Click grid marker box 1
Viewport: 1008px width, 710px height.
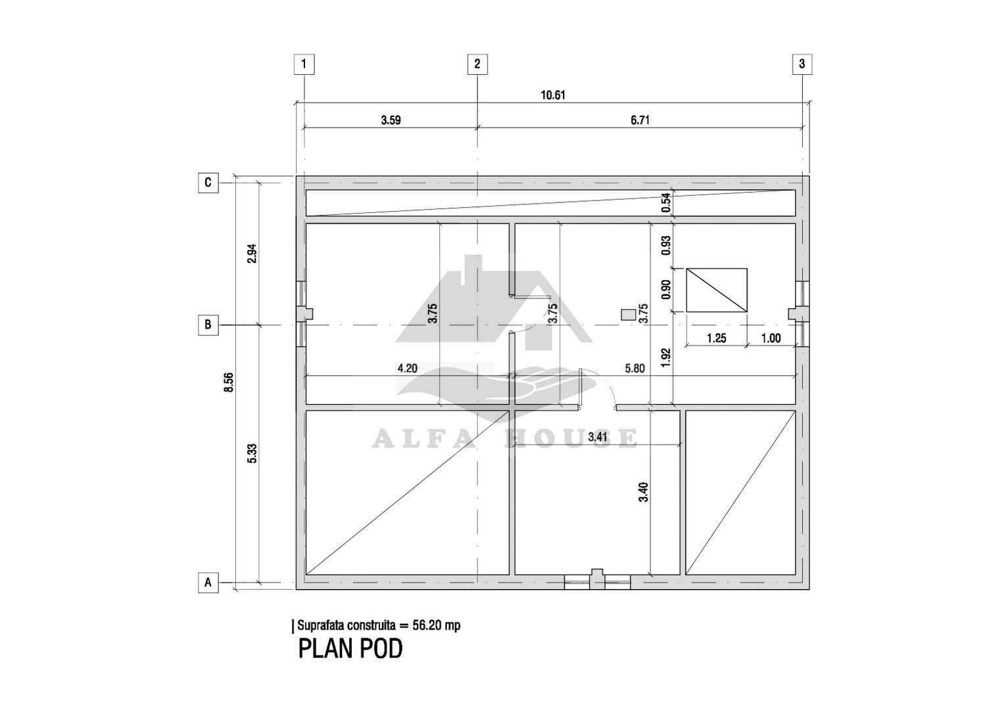[304, 64]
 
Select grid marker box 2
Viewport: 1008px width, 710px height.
[477, 64]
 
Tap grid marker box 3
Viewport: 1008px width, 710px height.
[802, 64]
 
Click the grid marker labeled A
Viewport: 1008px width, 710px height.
[208, 582]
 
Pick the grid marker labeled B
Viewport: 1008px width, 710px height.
[208, 325]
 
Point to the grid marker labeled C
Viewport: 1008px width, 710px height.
[208, 183]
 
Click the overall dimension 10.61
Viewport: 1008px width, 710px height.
[552, 95]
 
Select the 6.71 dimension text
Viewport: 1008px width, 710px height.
[640, 120]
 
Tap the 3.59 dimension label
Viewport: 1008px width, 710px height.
[391, 120]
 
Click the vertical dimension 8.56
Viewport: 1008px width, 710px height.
[229, 383]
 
